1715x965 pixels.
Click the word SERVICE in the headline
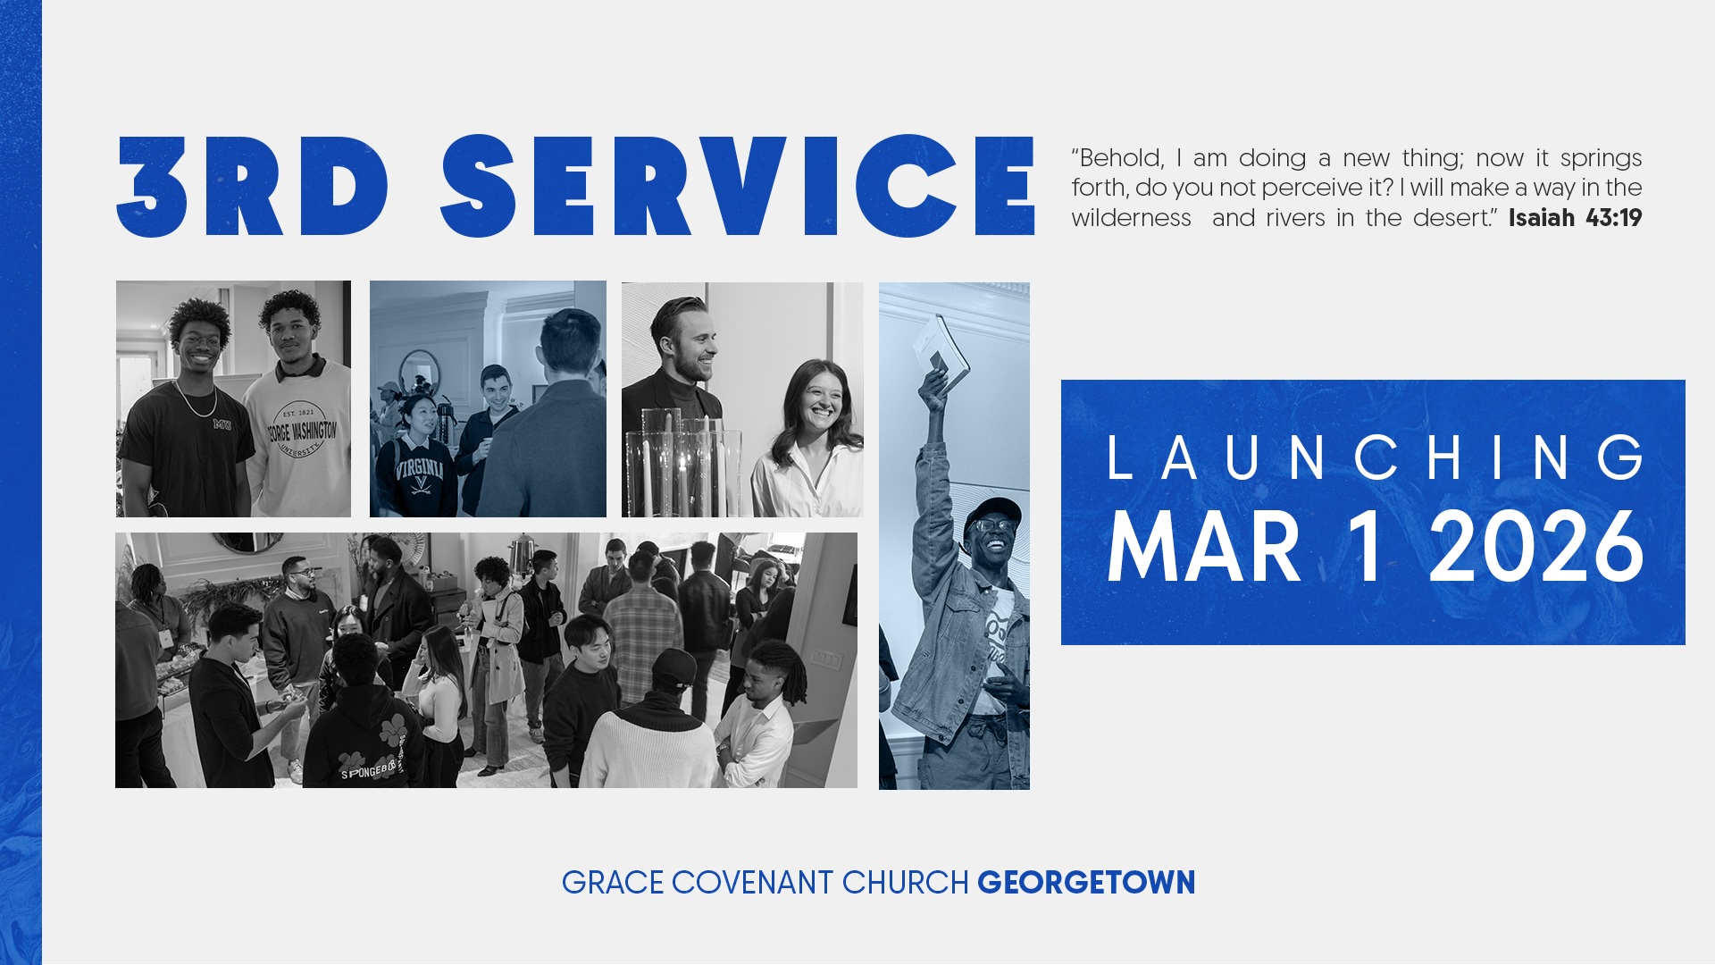[738, 186]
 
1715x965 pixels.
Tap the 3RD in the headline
[254, 186]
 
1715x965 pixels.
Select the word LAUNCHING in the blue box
[1375, 457]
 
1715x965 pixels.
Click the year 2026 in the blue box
[1536, 547]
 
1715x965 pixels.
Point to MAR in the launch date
[1203, 547]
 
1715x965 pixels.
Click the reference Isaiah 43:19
[1575, 218]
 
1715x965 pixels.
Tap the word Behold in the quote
[1117, 158]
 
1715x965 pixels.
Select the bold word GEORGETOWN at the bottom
[1086, 883]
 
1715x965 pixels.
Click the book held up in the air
[941, 352]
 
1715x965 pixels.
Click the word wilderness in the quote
[1131, 218]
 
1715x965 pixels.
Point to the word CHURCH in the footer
[905, 883]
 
